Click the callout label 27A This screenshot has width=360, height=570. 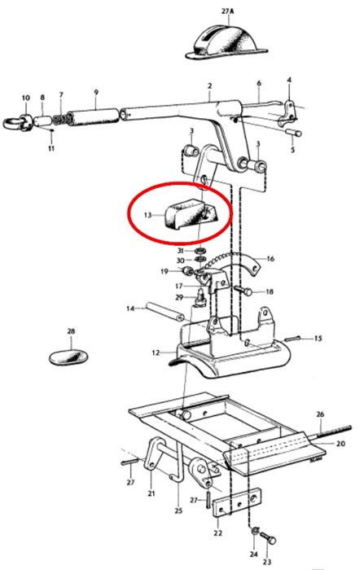227,11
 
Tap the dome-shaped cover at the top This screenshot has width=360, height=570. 226,42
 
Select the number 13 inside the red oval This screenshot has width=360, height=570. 147,215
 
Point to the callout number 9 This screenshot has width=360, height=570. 96,92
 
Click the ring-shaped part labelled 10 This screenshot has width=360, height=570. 19,122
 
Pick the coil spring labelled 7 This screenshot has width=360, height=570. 59,119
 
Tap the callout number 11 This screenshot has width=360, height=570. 51,148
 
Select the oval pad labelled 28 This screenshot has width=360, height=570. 68,357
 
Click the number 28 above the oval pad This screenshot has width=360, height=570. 71,331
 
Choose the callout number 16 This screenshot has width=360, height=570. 270,259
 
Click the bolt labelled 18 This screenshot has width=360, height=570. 243,290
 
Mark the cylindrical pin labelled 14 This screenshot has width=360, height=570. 165,312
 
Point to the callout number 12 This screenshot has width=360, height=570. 156,353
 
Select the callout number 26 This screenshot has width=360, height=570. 320,414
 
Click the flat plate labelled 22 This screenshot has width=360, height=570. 236,502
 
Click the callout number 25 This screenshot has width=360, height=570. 178,511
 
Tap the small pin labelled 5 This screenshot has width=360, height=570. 293,132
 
